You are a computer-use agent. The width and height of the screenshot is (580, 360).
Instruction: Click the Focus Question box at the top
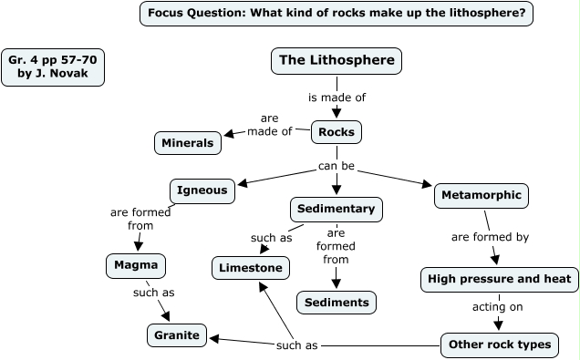337,14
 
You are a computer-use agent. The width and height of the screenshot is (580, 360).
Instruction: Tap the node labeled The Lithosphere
337,61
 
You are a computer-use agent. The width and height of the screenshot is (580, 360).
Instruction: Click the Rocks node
337,132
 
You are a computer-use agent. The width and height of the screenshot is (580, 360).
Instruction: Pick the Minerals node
187,143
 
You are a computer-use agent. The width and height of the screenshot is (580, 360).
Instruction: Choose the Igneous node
202,191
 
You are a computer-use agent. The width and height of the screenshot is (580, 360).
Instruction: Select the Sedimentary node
336,209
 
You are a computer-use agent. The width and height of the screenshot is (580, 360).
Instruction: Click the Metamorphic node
481,195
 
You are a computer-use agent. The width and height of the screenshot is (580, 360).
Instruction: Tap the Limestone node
253,268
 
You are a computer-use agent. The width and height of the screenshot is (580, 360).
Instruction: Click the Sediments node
337,302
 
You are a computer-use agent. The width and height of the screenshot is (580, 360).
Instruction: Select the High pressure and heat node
499,279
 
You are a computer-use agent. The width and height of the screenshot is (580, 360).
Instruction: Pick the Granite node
177,335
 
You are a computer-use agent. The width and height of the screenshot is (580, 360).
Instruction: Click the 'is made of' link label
337,97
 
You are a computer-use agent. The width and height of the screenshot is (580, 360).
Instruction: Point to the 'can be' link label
337,167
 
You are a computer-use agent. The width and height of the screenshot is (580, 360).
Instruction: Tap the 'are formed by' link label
490,237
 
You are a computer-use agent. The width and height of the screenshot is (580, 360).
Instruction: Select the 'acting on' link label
497,307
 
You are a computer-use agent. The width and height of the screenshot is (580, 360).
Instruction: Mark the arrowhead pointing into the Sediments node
337,284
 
